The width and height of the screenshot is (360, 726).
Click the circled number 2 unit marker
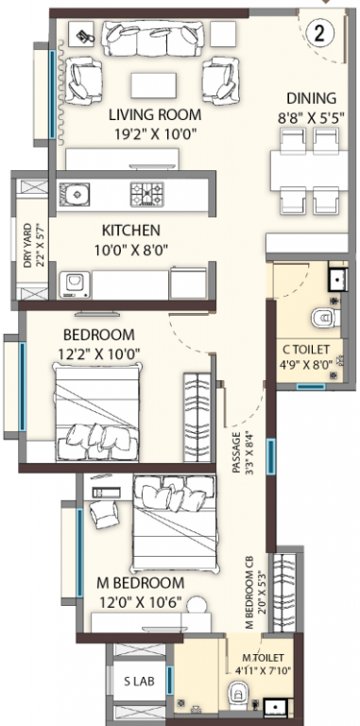319,34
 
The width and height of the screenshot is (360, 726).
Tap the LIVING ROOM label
155,114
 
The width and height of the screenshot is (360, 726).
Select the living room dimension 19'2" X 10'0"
156,134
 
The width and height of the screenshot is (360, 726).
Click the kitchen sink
74,194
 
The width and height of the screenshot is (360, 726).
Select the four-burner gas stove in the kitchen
147,194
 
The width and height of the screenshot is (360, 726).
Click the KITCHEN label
131,230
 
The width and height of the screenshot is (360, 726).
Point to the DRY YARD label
27,246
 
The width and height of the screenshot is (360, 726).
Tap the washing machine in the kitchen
75,285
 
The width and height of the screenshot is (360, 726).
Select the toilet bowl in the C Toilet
326,318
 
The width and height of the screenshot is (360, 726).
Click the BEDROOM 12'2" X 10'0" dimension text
99,354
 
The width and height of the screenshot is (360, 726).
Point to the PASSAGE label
236,454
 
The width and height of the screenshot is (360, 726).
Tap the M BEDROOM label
140,582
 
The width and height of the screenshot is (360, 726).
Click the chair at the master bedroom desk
104,513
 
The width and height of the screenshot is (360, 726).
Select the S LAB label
139,681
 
